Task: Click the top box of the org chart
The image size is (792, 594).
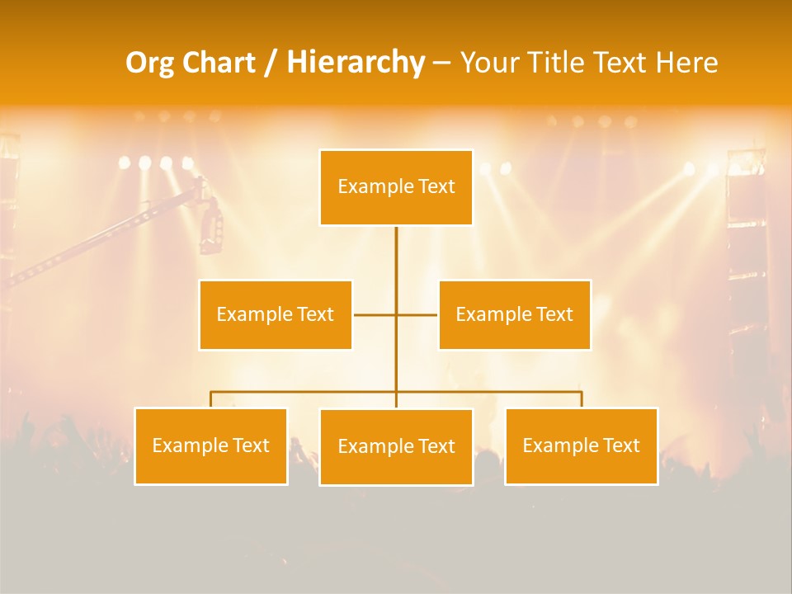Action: [396, 187]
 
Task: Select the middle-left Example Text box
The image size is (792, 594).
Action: [275, 314]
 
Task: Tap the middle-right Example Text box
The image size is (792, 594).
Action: [514, 314]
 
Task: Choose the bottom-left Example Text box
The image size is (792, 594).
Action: [210, 445]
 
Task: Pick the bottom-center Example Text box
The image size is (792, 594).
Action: [396, 446]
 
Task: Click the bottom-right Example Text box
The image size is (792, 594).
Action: [581, 445]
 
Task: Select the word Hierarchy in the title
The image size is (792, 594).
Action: [356, 63]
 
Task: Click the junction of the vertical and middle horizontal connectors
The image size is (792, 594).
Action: [396, 314]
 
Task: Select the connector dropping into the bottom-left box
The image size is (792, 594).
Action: [210, 399]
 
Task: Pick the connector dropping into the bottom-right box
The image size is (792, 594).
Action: [582, 399]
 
